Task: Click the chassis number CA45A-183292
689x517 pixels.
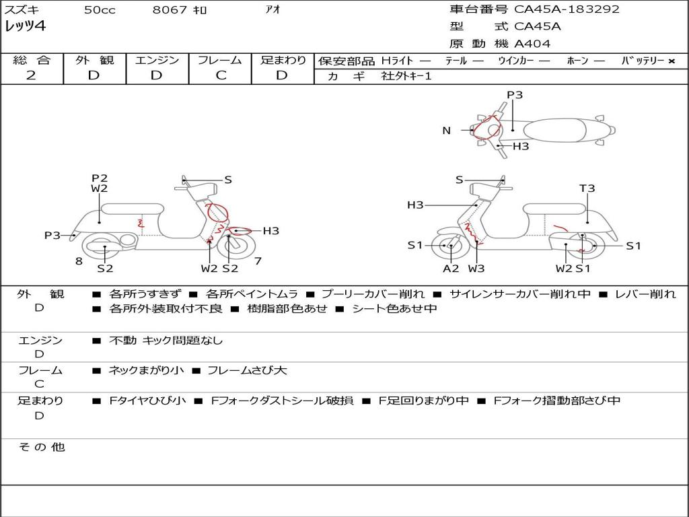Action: tap(567, 9)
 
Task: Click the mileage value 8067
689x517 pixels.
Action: tap(170, 9)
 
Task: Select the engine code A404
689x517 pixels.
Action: tap(532, 44)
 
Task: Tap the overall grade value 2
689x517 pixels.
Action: tap(31, 75)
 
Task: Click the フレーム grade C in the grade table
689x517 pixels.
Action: tap(221, 75)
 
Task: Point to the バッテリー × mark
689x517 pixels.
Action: tap(672, 61)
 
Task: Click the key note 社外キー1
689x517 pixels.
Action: tap(406, 76)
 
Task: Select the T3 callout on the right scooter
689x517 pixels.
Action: tap(587, 188)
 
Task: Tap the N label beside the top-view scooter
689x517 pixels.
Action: tap(447, 131)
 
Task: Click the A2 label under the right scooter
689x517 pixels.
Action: tap(451, 269)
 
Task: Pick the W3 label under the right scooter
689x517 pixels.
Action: tap(476, 269)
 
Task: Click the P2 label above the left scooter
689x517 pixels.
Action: tap(100, 178)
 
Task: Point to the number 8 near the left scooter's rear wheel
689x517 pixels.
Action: tap(79, 261)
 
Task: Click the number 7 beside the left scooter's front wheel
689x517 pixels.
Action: tap(258, 261)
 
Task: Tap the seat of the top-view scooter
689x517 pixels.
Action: tap(554, 130)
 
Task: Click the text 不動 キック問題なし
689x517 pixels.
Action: tap(166, 340)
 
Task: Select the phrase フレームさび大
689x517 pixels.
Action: tap(247, 371)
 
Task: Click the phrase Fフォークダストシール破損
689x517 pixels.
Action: tap(282, 401)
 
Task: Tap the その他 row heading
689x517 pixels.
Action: tap(42, 447)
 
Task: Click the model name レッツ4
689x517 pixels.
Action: tap(25, 26)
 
